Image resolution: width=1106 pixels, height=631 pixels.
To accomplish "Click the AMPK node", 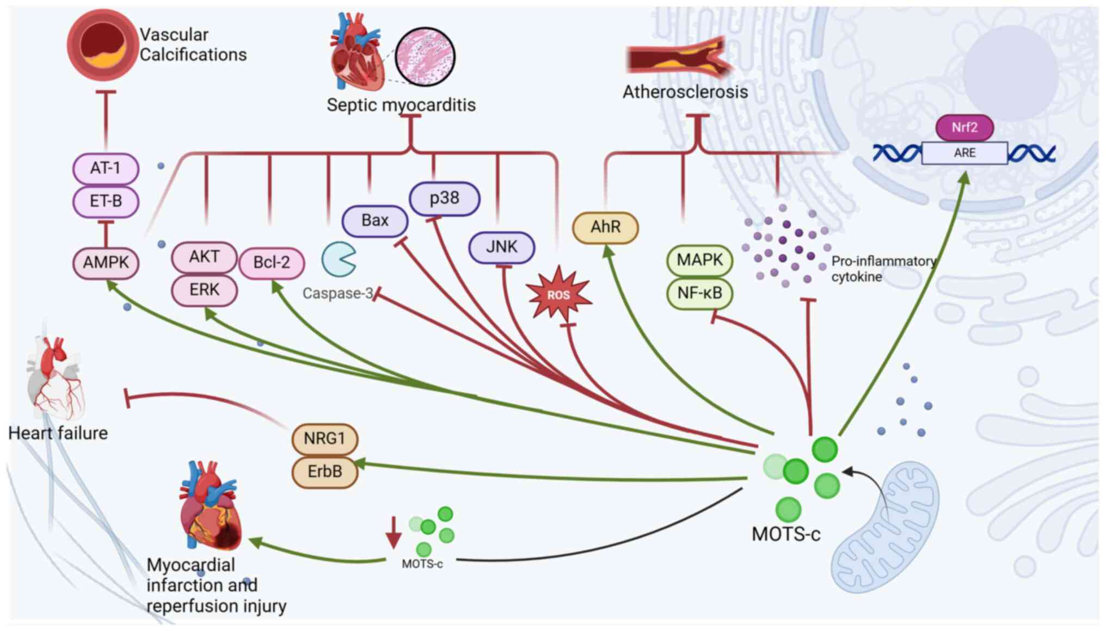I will pyautogui.click(x=106, y=263).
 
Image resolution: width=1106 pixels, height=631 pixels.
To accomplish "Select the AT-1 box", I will pyautogui.click(x=106, y=168).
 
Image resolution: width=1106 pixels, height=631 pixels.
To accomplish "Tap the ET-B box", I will pyautogui.click(x=106, y=201).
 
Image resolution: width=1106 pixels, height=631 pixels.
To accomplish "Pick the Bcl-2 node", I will pyautogui.click(x=271, y=263).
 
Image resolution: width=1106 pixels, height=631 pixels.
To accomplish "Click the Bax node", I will pyautogui.click(x=374, y=221).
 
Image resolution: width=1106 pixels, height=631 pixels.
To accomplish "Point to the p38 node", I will pyautogui.click(x=444, y=199).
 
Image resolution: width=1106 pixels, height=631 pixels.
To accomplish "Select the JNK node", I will pyautogui.click(x=501, y=248).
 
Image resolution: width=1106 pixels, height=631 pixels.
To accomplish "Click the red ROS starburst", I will pyautogui.click(x=558, y=295).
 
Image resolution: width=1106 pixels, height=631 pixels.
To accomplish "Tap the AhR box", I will pyautogui.click(x=605, y=227).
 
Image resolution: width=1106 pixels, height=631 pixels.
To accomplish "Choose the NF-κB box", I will pyautogui.click(x=699, y=293).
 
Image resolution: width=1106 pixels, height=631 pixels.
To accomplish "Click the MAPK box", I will pyautogui.click(x=699, y=260).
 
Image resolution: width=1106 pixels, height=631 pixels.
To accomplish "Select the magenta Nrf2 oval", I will pyautogui.click(x=964, y=128).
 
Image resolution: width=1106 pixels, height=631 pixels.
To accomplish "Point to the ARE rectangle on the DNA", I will pyautogui.click(x=964, y=153).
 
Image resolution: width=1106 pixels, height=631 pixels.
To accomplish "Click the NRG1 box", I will pyautogui.click(x=324, y=438).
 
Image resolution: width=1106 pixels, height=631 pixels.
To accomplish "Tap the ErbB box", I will pyautogui.click(x=324, y=471).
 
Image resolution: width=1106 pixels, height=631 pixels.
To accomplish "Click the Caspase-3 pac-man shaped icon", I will pyautogui.click(x=339, y=259).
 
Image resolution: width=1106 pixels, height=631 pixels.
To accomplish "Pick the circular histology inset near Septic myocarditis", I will pyautogui.click(x=425, y=57).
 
